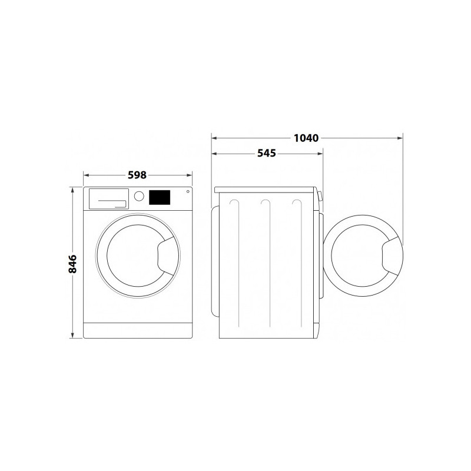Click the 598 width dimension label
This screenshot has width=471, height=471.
coord(137,175)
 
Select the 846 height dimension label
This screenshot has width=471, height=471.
coord(72,264)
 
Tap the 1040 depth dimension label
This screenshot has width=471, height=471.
coord(306,138)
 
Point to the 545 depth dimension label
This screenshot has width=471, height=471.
coord(267,153)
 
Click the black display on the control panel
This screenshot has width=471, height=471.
coord(160,197)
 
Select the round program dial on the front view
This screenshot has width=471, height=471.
coord(139,196)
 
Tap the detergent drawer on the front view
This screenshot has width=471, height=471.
coord(109,198)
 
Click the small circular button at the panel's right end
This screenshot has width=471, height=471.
coord(188,191)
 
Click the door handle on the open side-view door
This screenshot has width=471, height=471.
coord(392,256)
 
